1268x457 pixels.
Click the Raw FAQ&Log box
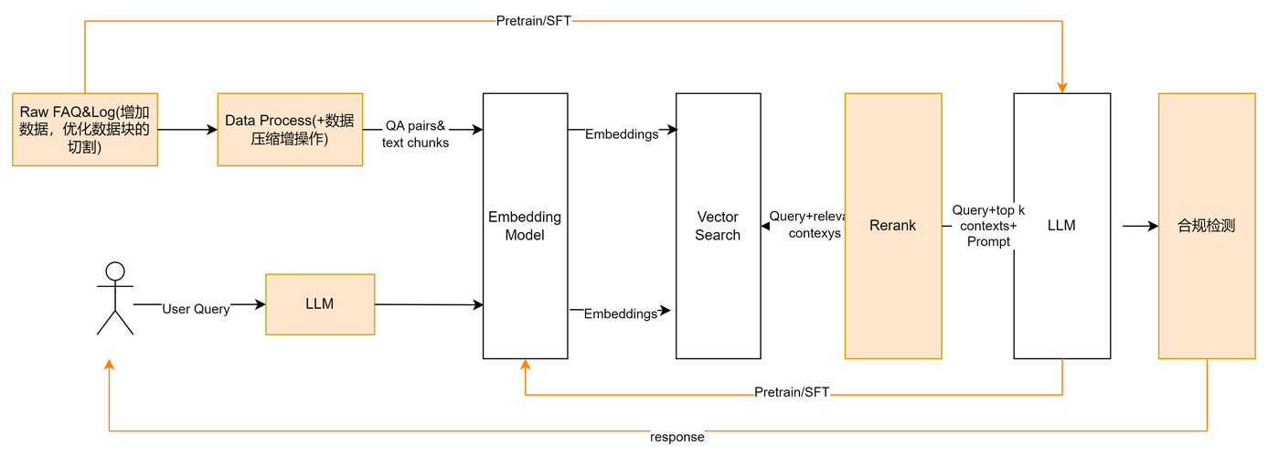click(84, 129)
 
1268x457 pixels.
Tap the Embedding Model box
click(525, 226)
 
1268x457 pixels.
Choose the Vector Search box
click(718, 226)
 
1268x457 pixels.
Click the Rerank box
click(892, 226)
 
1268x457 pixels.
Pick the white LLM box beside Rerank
click(1061, 226)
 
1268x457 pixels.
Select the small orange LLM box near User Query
click(320, 304)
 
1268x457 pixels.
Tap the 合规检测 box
click(1206, 226)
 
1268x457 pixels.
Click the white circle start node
click(115, 271)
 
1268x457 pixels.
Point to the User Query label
click(196, 310)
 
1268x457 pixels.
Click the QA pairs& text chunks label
click(416, 133)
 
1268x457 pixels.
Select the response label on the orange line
click(677, 437)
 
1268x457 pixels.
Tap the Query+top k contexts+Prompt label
click(988, 226)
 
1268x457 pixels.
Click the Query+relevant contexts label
click(805, 225)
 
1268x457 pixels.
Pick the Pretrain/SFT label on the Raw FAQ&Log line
click(534, 22)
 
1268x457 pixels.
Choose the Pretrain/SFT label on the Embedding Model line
click(792, 393)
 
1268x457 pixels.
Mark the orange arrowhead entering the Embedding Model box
click(525, 366)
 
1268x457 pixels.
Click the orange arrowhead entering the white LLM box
click(1061, 86)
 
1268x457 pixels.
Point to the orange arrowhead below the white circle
click(110, 365)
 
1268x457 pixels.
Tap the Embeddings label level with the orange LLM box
click(622, 314)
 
